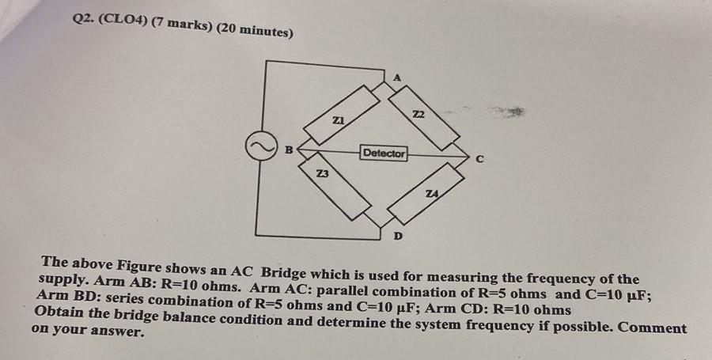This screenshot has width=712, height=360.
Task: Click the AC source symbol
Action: point(258,148)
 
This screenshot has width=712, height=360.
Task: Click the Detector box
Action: point(384,153)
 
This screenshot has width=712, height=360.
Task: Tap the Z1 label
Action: point(338,119)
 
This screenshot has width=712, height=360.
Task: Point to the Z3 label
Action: point(322,173)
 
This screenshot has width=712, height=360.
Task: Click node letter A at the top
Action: point(397,77)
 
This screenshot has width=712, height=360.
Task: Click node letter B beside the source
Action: point(290,148)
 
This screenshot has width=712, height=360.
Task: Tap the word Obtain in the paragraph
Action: point(60,313)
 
